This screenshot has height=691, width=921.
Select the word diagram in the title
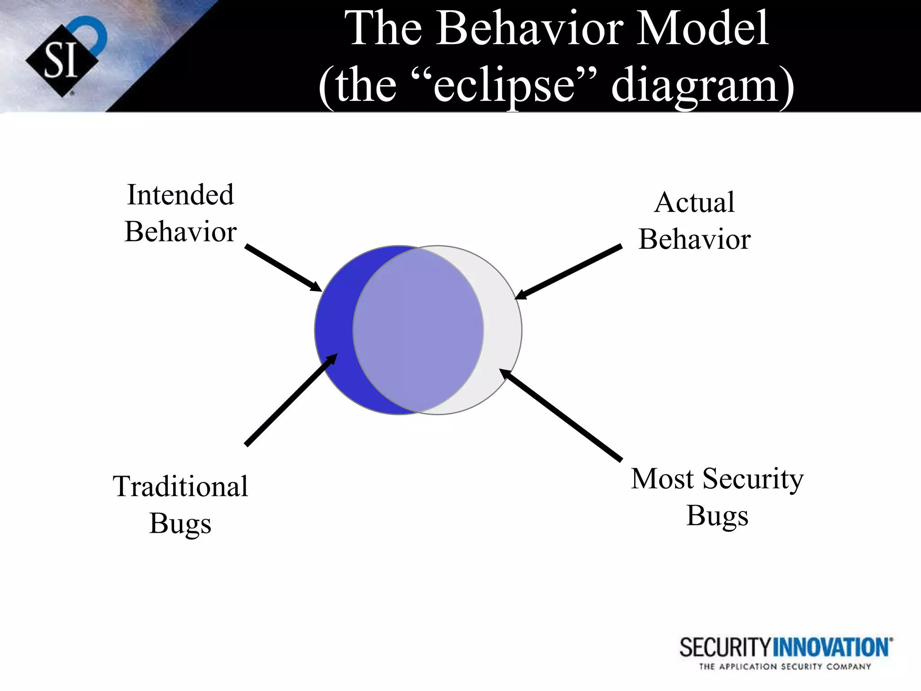pos(695,85)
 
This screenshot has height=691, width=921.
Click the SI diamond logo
pos(62,61)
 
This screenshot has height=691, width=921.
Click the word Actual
pos(694,202)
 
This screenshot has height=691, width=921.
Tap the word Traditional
pos(180,486)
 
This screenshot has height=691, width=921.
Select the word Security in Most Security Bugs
pos(753,479)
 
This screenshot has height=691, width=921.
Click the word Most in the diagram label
pos(662,479)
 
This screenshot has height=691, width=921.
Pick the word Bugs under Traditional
pos(180,524)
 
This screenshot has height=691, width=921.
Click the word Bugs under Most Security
pos(717,516)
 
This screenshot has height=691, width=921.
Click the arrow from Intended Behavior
pos(283,268)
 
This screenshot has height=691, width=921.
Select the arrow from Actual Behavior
pos(569,272)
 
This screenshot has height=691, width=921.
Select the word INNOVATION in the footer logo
pos(832,648)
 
